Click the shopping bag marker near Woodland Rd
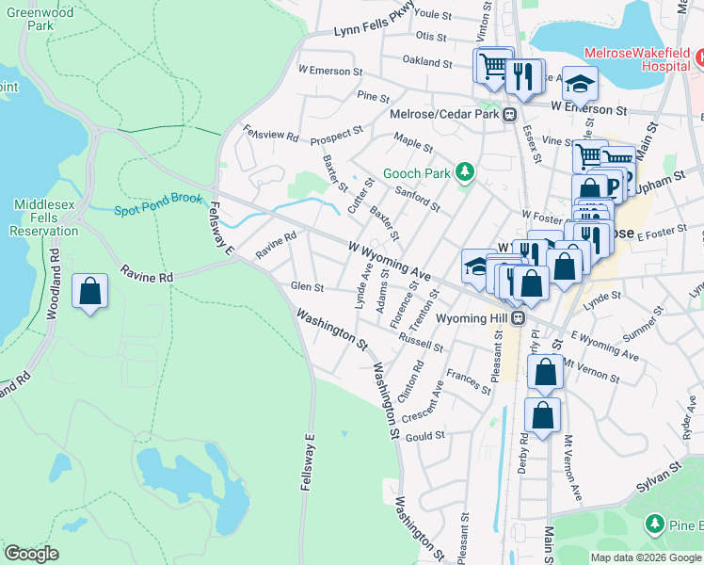90,291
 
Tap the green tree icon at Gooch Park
463,171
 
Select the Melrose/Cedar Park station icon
509,115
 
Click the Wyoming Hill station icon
518,318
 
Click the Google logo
31,553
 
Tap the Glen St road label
307,286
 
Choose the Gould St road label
425,436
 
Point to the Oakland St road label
427,62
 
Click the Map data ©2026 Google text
645,557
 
